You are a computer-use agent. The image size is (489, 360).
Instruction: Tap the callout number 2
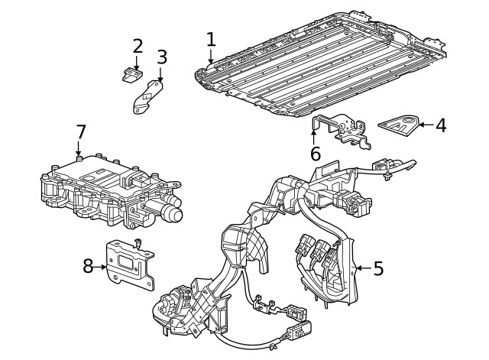(x=138, y=45)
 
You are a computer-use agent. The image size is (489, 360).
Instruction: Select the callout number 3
(x=161, y=57)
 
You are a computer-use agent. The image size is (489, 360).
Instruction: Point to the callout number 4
(x=441, y=124)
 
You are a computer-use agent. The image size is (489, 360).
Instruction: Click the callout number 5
(x=378, y=268)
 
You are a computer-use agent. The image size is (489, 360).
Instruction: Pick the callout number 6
(x=315, y=153)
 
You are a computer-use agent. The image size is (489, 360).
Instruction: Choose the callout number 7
(x=81, y=132)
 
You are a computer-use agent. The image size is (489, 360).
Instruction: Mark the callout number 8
(x=89, y=266)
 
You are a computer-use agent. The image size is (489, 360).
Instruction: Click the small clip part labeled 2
(x=131, y=74)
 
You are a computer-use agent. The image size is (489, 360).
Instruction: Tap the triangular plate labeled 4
(x=400, y=125)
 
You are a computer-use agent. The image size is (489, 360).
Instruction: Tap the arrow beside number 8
(x=102, y=266)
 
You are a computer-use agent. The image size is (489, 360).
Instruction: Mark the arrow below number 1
(x=211, y=57)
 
